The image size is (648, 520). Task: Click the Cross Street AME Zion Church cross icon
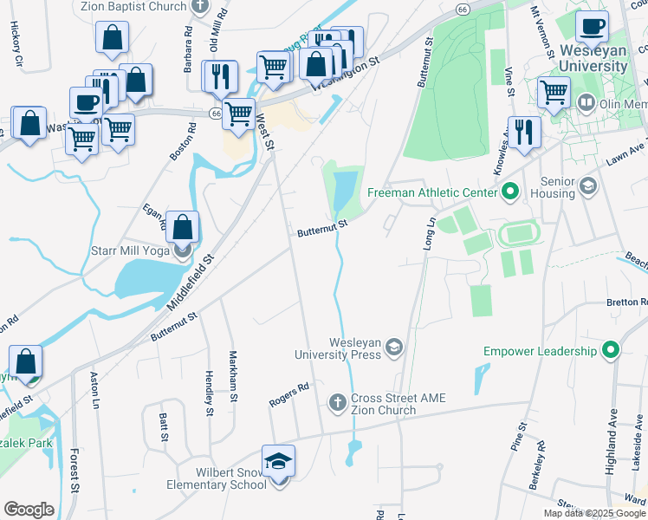(338, 403)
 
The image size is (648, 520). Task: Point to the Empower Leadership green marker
(612, 351)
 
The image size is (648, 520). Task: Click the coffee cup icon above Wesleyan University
(593, 27)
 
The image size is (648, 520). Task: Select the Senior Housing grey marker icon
(588, 185)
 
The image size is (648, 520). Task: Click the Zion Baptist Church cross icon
(201, 7)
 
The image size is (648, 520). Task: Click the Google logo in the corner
(29, 509)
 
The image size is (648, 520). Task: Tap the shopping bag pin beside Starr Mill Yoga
(183, 228)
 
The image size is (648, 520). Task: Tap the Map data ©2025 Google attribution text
(594, 513)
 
